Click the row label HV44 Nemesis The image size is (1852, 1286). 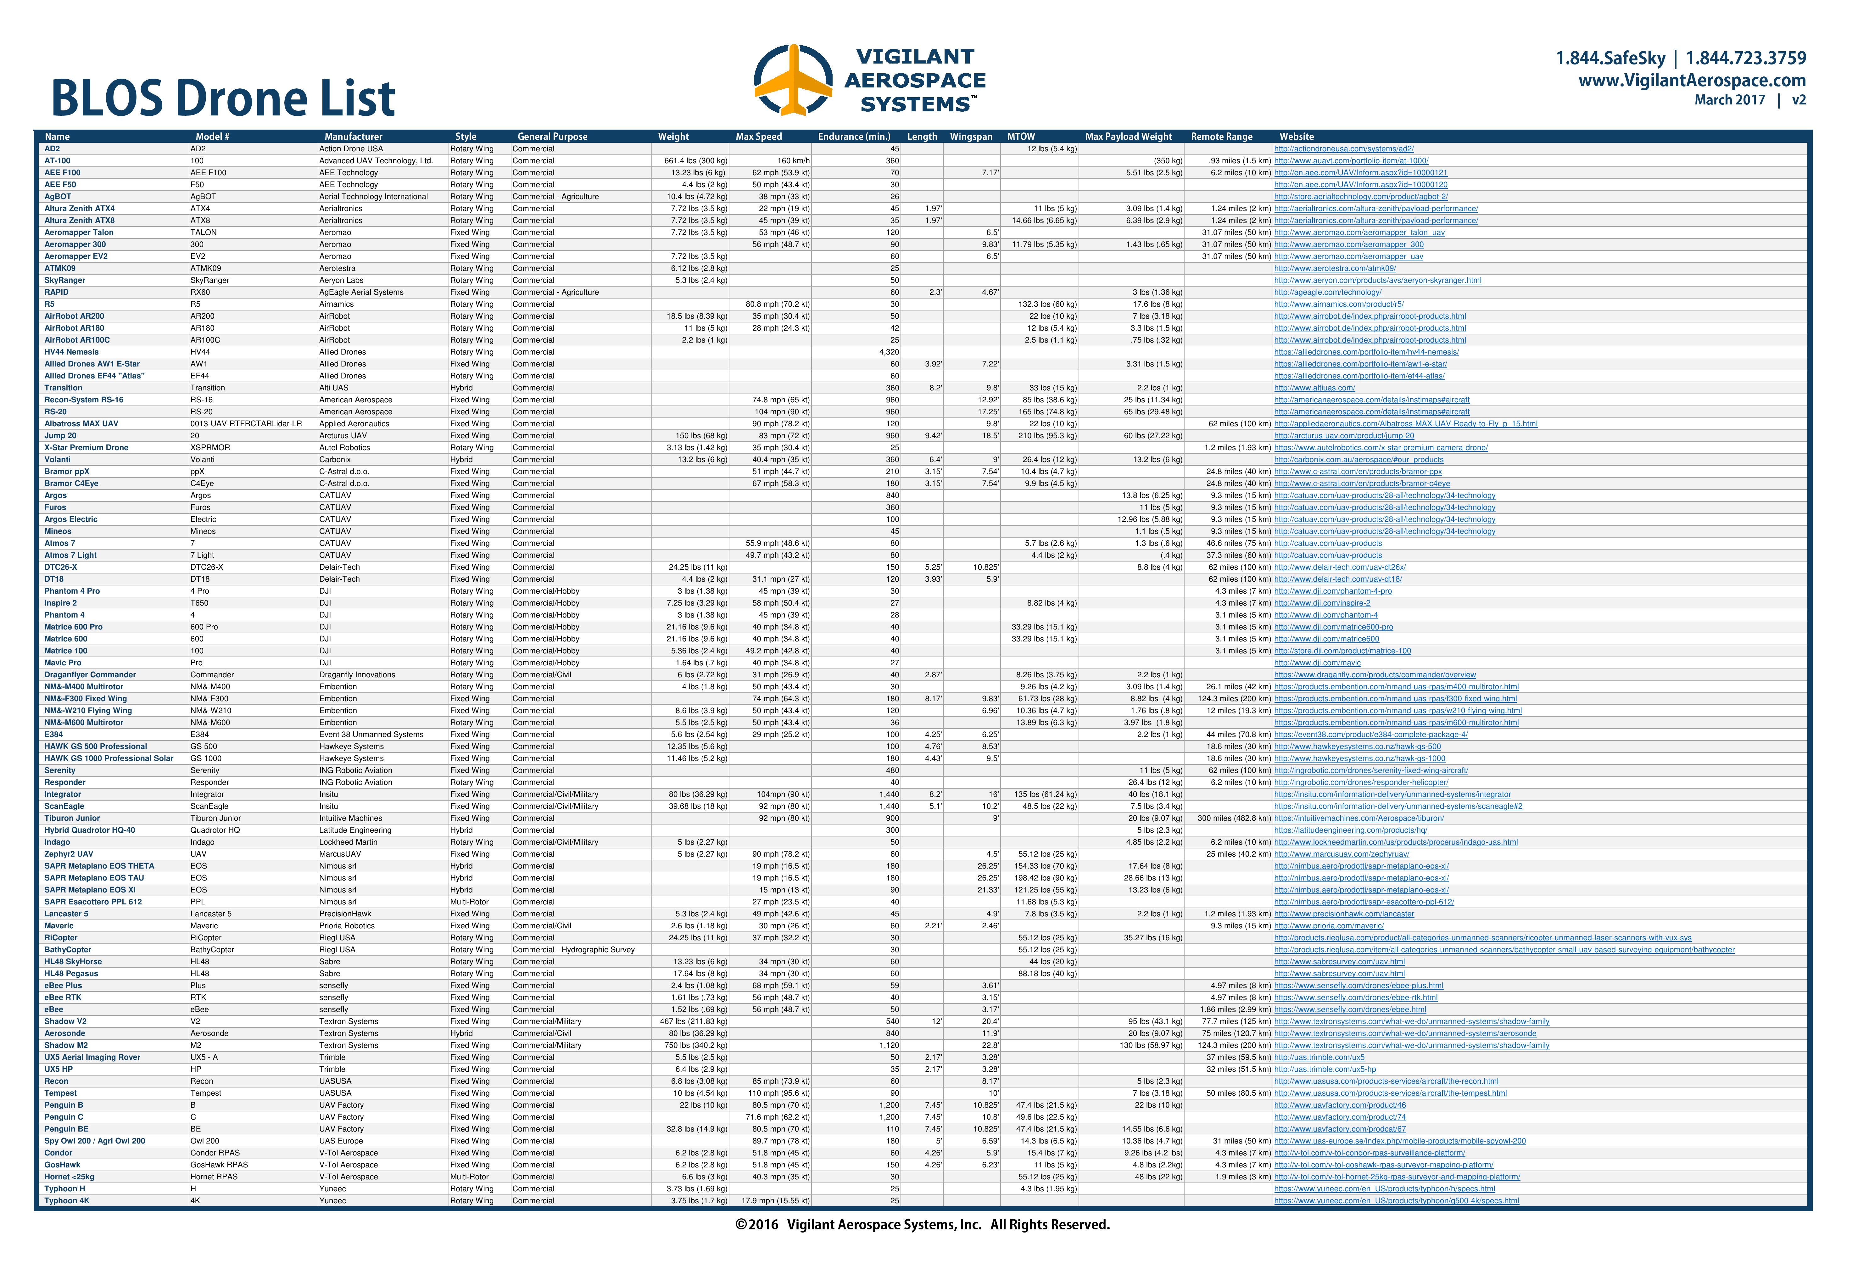(x=72, y=352)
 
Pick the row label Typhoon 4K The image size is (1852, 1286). (x=67, y=1200)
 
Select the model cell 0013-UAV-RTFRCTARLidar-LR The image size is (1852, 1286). (x=246, y=424)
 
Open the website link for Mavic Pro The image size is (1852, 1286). (x=1317, y=663)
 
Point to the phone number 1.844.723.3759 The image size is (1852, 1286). (x=1746, y=58)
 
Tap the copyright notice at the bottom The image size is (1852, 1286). (x=922, y=1225)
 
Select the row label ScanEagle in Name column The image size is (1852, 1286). (x=64, y=807)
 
